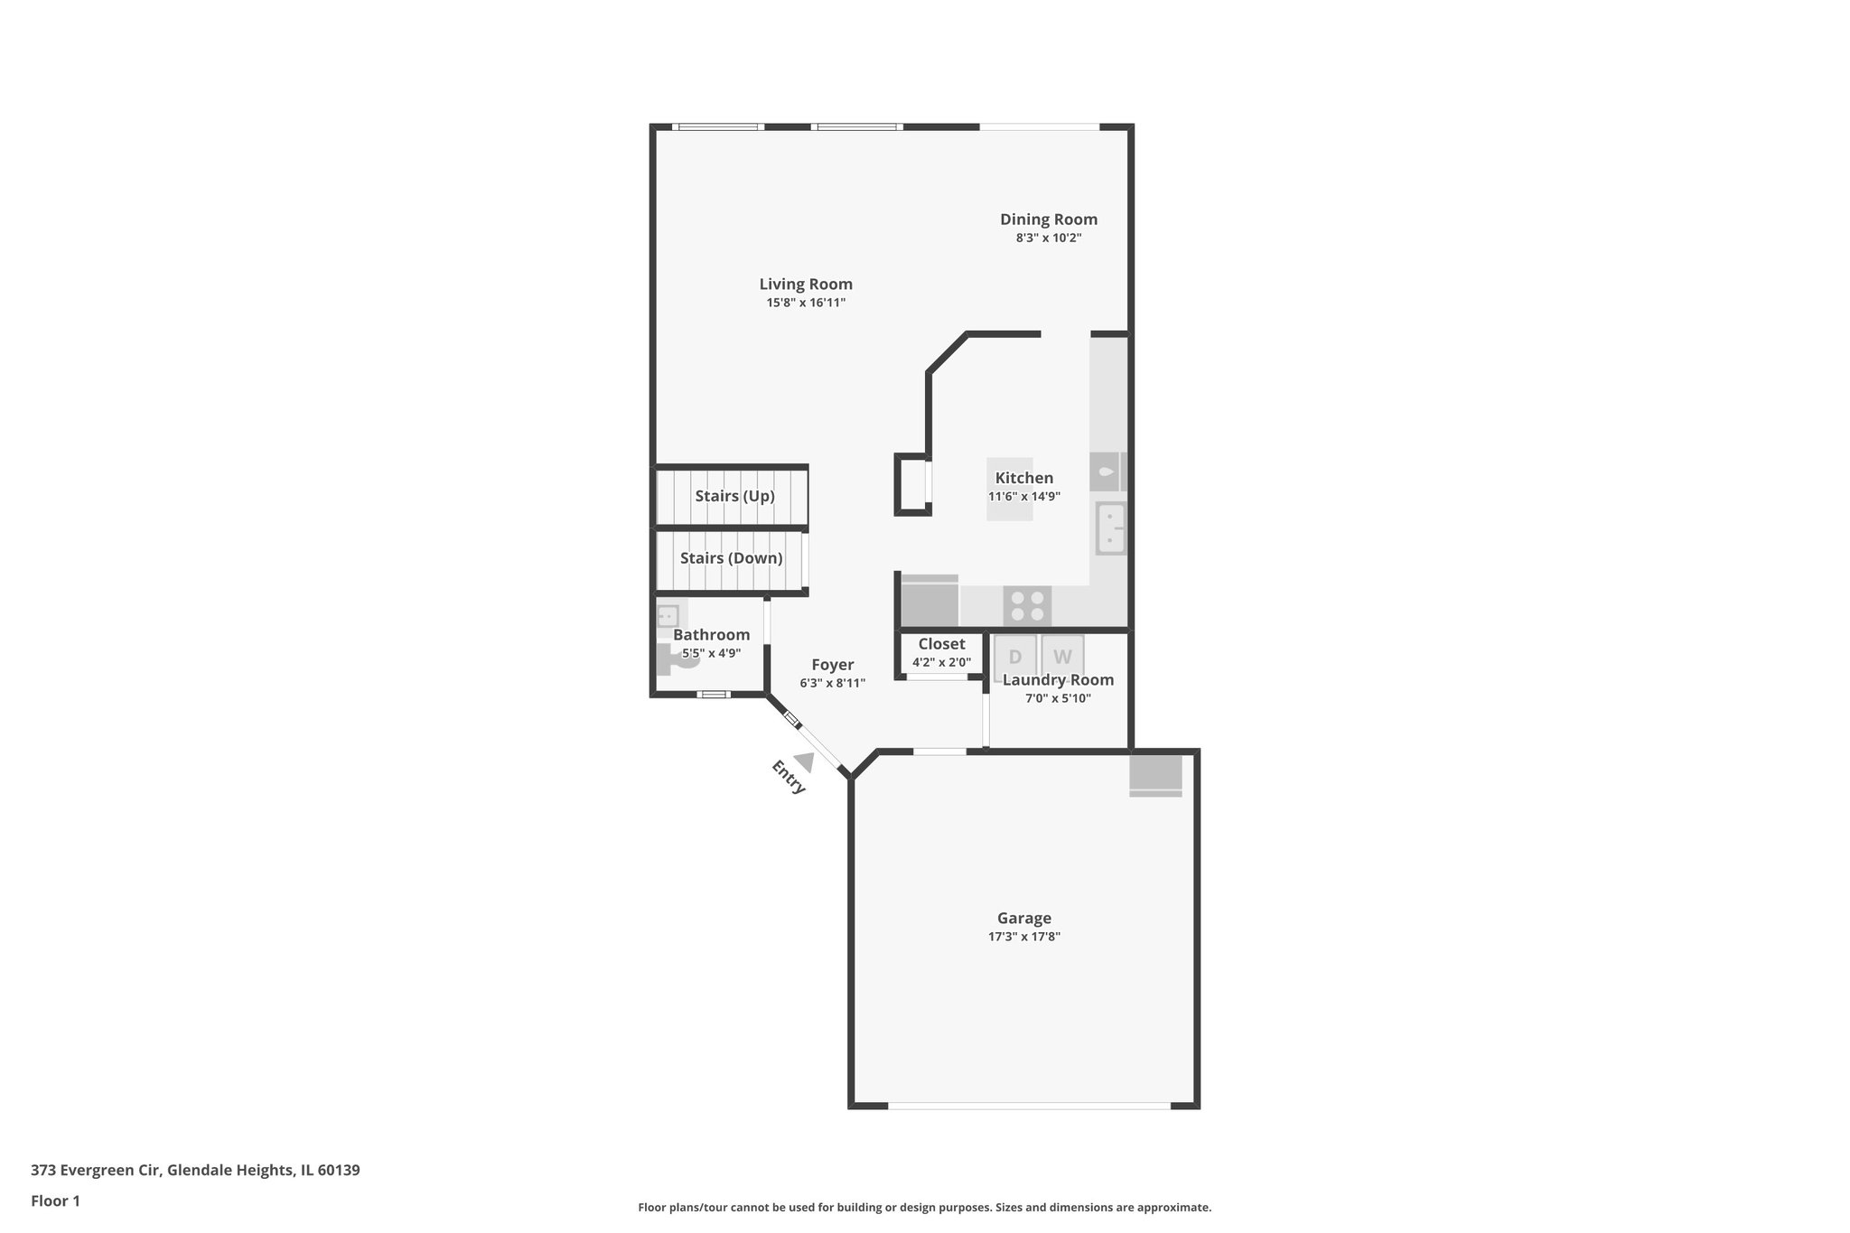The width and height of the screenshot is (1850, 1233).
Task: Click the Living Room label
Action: tap(806, 284)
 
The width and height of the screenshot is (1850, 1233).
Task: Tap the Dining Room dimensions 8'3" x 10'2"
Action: tap(1048, 238)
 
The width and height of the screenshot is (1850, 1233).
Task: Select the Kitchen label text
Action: tap(1023, 478)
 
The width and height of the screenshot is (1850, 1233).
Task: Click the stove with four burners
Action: tap(1027, 605)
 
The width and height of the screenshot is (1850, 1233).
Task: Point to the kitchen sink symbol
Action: tap(1110, 528)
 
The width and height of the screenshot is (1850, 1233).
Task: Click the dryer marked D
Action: tap(1014, 657)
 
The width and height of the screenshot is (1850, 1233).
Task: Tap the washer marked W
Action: tap(1062, 657)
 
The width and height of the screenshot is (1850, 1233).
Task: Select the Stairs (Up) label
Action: tap(734, 496)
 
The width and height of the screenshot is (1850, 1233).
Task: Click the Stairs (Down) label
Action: tap(731, 558)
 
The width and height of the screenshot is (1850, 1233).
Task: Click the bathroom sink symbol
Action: tap(668, 616)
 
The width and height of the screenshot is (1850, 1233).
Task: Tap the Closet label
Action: tap(941, 644)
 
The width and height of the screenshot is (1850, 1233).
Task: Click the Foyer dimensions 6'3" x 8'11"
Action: tap(832, 684)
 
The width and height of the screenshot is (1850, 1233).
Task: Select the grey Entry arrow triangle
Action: tap(804, 763)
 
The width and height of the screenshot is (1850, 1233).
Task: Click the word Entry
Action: tap(788, 777)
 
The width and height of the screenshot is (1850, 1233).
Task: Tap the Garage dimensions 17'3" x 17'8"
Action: tap(1023, 937)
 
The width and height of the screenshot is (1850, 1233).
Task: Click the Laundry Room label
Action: tap(1058, 680)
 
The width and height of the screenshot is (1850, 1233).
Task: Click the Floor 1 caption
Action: tap(55, 1200)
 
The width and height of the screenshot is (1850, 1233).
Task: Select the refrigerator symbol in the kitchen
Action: tap(930, 601)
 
